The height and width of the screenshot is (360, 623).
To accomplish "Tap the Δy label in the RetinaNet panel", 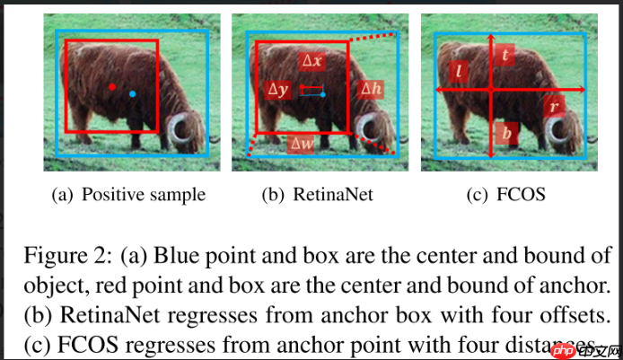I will click(278, 90).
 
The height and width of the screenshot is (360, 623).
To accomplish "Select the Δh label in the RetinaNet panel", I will click(370, 89).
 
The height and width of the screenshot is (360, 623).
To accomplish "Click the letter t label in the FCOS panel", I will click(507, 56).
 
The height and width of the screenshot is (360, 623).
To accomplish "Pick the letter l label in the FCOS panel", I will click(458, 70).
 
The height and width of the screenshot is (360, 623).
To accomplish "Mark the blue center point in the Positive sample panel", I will click(132, 93).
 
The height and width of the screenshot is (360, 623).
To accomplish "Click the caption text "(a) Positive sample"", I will click(129, 194).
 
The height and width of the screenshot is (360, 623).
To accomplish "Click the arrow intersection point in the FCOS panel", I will click(491, 90).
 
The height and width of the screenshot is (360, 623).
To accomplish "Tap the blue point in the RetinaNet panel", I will click(322, 93).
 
